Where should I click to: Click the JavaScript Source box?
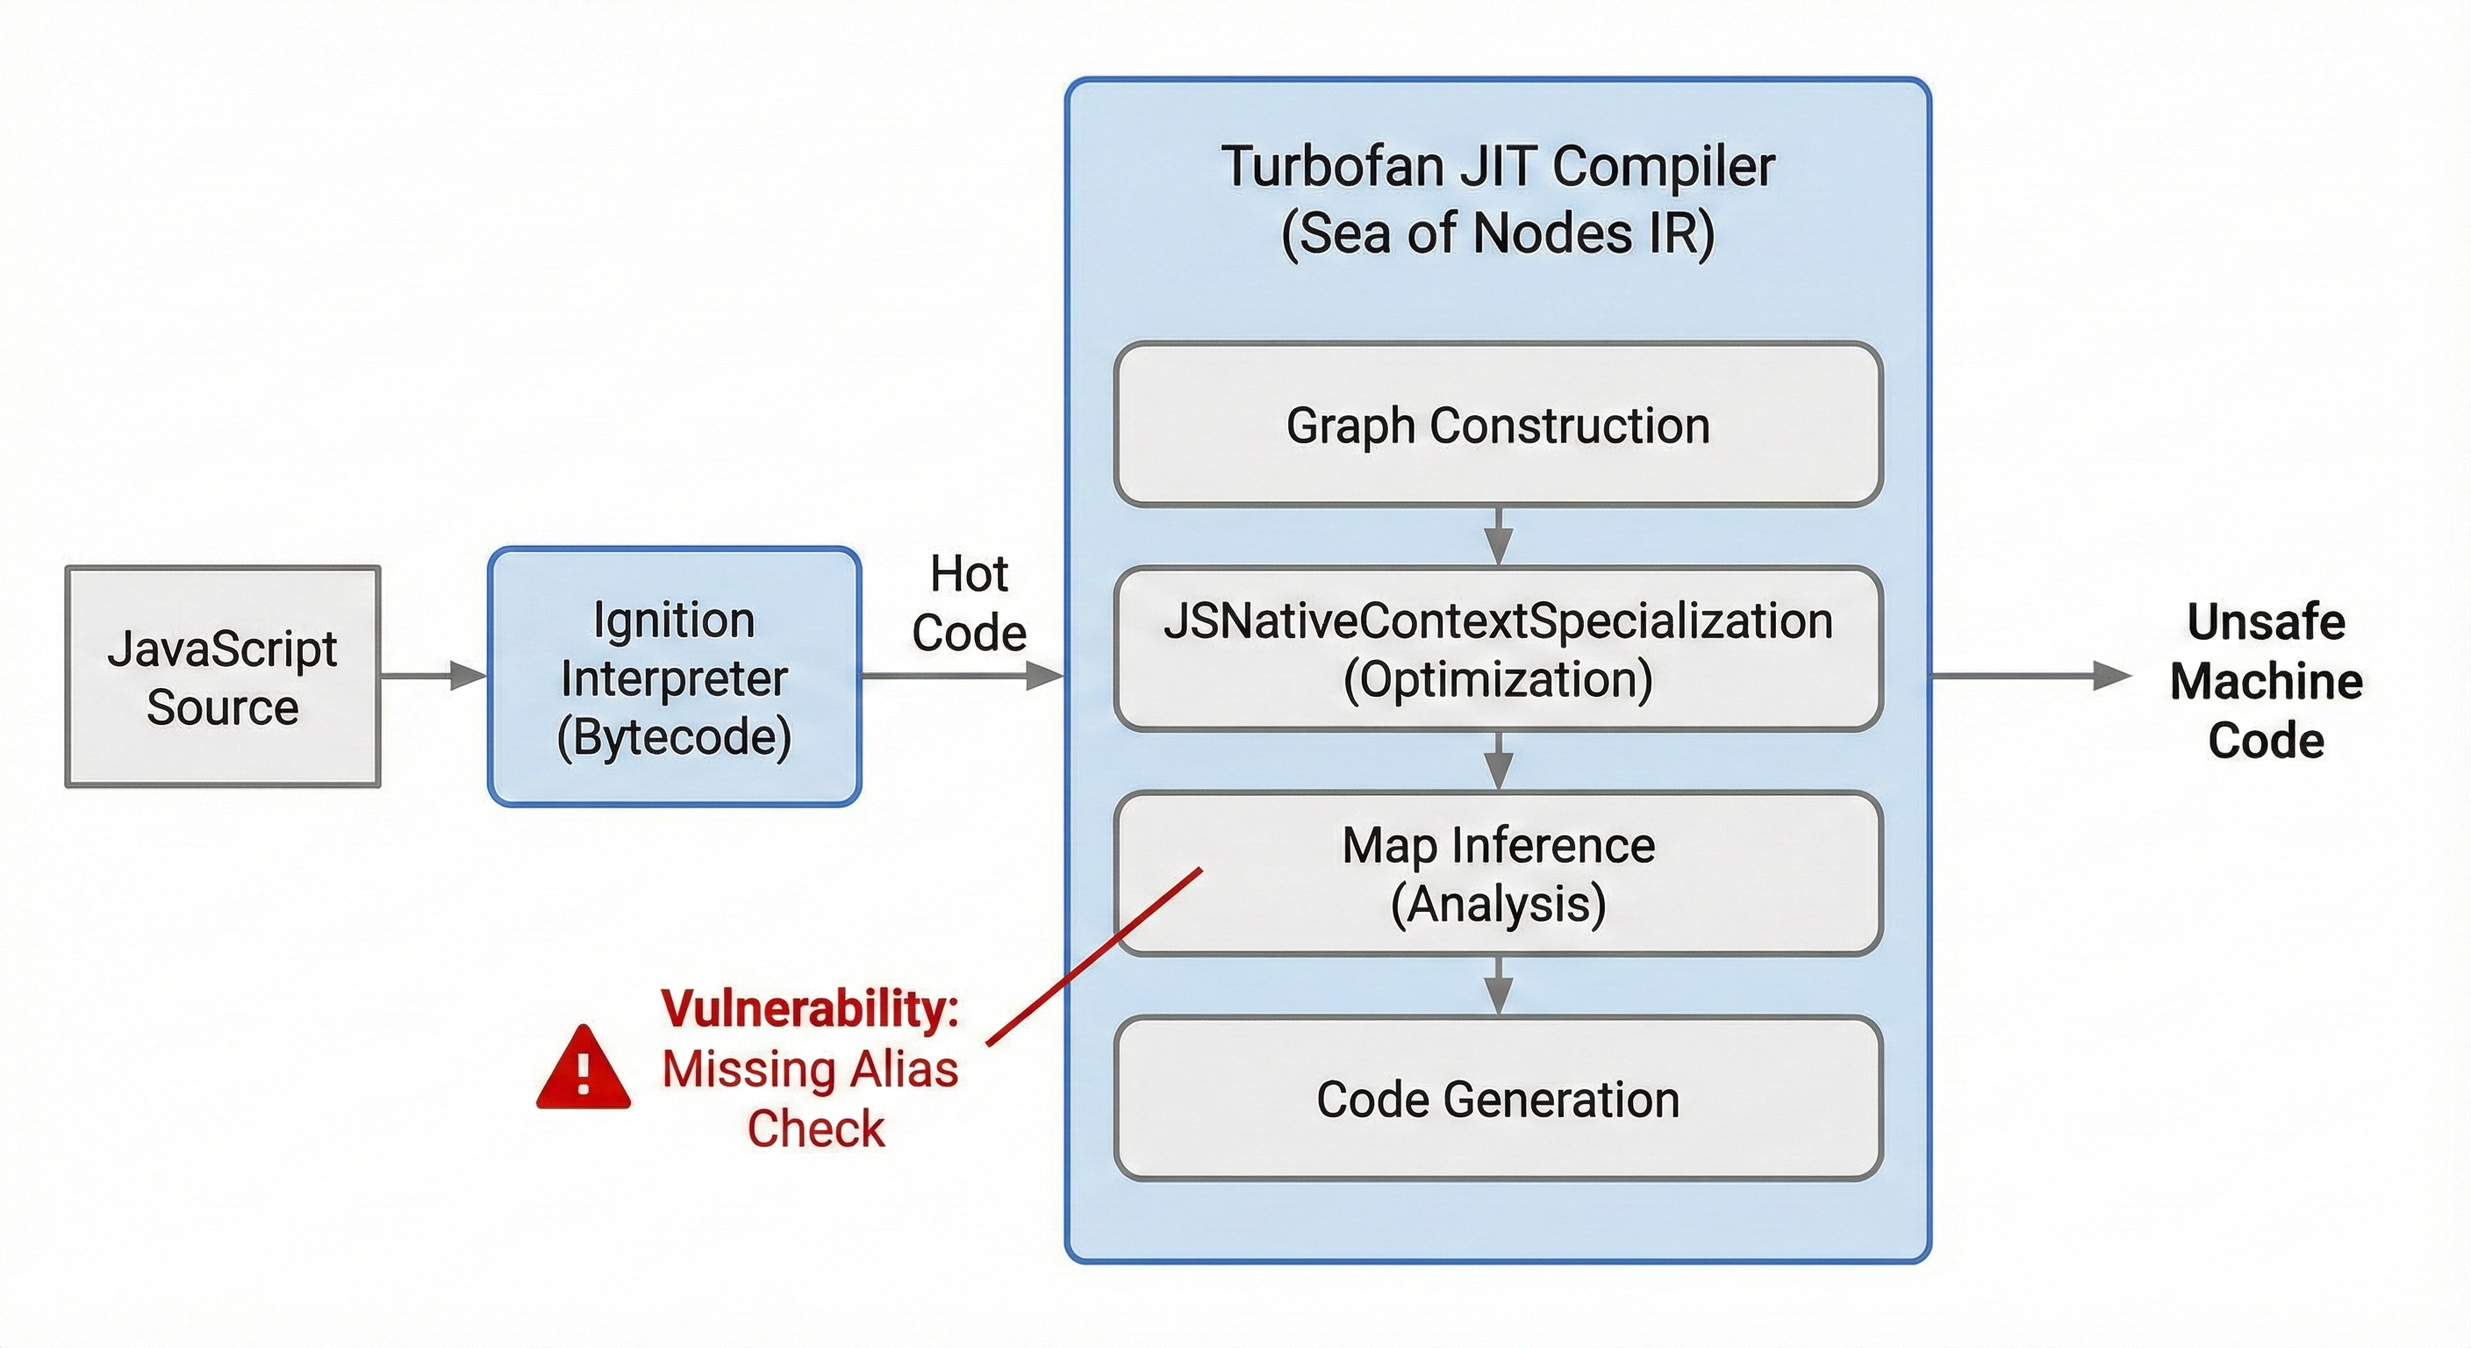point(223,677)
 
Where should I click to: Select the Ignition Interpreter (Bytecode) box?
point(674,677)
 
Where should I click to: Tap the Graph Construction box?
point(1497,425)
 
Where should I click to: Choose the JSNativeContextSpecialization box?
point(1497,649)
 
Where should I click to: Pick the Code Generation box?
point(1497,1099)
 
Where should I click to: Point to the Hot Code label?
point(969,604)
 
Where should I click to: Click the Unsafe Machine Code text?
point(2266,681)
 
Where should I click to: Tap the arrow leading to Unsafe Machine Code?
point(2029,677)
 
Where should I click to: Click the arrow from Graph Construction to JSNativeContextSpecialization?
point(1499,536)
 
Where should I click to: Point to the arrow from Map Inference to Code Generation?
point(1499,986)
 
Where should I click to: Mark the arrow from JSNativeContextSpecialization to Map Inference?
point(1499,761)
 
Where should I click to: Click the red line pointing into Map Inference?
point(1093,957)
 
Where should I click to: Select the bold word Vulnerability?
point(810,1008)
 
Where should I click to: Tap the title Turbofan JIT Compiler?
point(1497,167)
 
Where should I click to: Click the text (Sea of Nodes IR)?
point(1497,233)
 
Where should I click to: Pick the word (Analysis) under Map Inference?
point(1497,904)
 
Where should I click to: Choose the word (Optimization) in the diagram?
point(1497,679)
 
